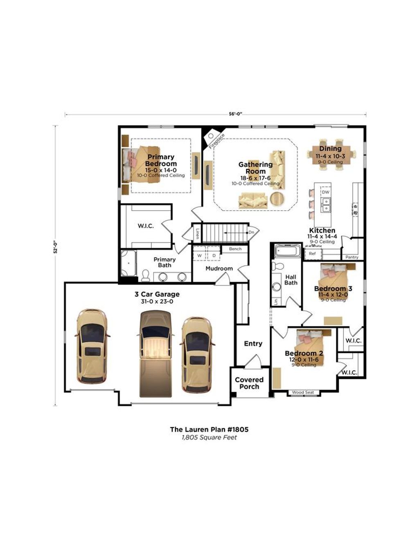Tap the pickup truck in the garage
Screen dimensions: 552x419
pyautogui.click(x=155, y=353)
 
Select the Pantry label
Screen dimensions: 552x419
pyautogui.click(x=351, y=257)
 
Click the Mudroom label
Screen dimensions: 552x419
pyautogui.click(x=219, y=269)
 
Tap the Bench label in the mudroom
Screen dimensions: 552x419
pyautogui.click(x=235, y=249)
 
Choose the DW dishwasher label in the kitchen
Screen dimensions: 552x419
pyautogui.click(x=325, y=192)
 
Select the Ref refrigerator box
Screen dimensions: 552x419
pyautogui.click(x=313, y=254)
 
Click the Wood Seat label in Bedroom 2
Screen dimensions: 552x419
pyautogui.click(x=303, y=393)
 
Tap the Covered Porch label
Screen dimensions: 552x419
pyautogui.click(x=249, y=383)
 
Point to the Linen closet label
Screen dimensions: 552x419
pyautogui.click(x=197, y=233)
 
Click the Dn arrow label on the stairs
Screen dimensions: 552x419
pyautogui.click(x=251, y=232)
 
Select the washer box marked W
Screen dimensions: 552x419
pyautogui.click(x=200, y=256)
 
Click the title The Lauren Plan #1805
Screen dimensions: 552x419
pyautogui.click(x=209, y=429)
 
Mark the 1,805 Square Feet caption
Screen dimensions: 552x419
pyautogui.click(x=209, y=438)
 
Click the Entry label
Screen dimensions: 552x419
pyautogui.click(x=253, y=343)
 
